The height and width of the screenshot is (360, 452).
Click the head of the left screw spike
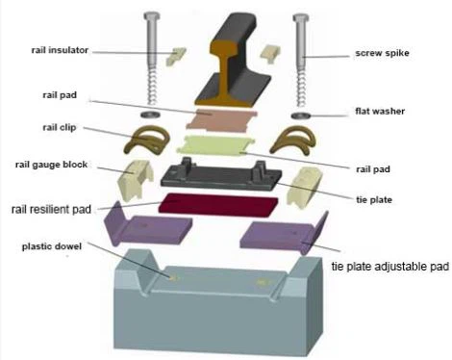[152, 16]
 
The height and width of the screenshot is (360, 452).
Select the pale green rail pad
[218, 147]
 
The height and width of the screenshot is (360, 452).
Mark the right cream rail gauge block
[304, 186]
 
